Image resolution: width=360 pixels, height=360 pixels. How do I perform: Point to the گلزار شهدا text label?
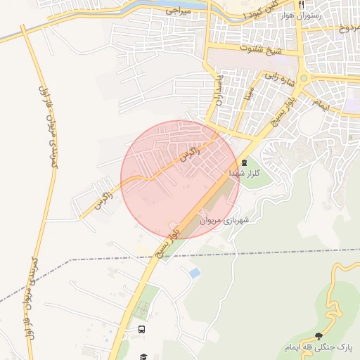click(245, 172)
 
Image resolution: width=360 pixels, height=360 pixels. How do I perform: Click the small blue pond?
click(195, 272)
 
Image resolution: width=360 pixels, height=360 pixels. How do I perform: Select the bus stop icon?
click(143, 329)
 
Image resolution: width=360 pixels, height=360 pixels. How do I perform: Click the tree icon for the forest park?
click(320, 336)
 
